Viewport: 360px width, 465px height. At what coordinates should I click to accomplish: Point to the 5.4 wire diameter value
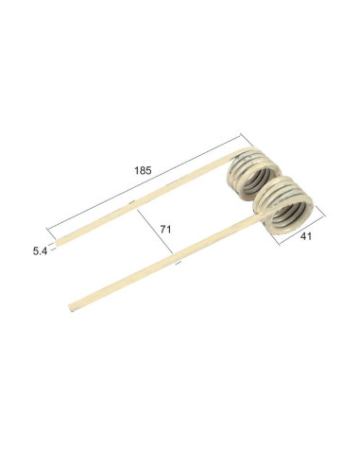[x=39, y=251]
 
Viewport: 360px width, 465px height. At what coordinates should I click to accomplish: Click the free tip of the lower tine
[x=74, y=305]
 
